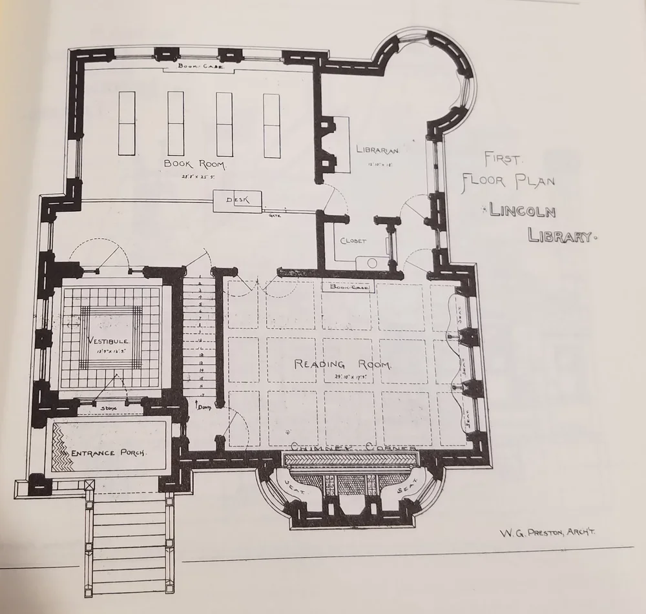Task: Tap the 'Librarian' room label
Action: pyautogui.click(x=378, y=150)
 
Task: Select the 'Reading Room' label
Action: pyautogui.click(x=342, y=364)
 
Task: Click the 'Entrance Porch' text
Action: pyautogui.click(x=109, y=453)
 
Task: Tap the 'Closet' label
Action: pyautogui.click(x=353, y=241)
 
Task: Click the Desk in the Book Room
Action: pyautogui.click(x=237, y=201)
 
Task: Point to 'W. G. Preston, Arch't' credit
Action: pyautogui.click(x=547, y=533)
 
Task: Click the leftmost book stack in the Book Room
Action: pyautogui.click(x=127, y=123)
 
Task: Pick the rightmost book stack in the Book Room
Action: pyautogui.click(x=271, y=125)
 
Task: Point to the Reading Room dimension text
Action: pyautogui.click(x=342, y=376)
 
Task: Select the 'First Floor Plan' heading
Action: pyautogui.click(x=508, y=169)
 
